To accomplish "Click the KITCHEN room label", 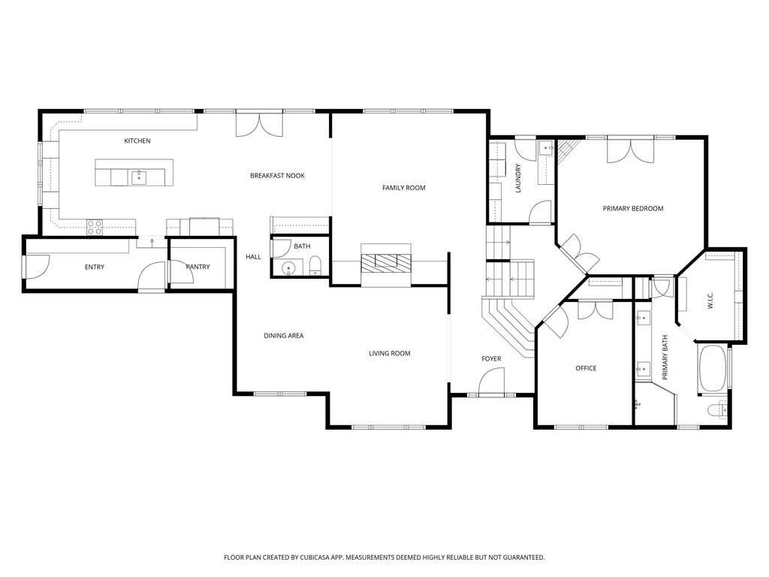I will click(137, 141).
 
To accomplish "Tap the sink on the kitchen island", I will click(139, 177).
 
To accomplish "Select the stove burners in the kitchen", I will click(95, 227).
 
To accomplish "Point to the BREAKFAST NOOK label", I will click(277, 176).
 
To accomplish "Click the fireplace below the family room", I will click(386, 262).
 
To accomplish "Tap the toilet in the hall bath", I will click(315, 265).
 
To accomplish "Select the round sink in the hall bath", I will click(289, 268).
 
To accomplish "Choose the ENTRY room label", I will click(95, 267).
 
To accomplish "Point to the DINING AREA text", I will click(283, 336).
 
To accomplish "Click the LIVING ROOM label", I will click(389, 353).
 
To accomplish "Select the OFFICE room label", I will click(586, 368).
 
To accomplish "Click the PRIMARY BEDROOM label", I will click(633, 208).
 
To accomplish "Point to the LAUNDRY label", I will click(518, 179).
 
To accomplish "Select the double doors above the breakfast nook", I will click(259, 124).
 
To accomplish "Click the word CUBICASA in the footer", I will click(314, 557).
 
